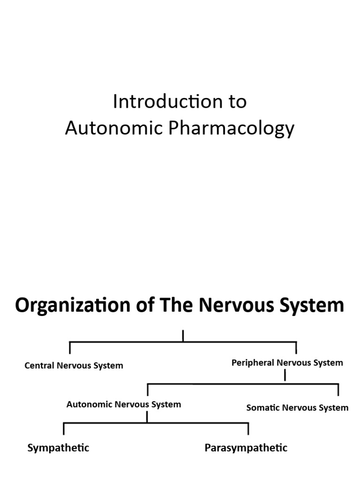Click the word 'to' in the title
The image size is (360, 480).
point(237,102)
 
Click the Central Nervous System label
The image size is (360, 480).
point(74,366)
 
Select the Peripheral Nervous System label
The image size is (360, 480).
point(287,362)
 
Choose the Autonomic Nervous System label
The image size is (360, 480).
point(123,404)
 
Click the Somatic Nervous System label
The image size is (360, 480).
point(297,407)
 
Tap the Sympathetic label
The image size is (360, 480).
point(58,448)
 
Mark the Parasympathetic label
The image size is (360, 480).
point(246,448)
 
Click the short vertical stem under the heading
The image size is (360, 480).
point(183,336)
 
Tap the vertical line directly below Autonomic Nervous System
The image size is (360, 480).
point(147,417)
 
